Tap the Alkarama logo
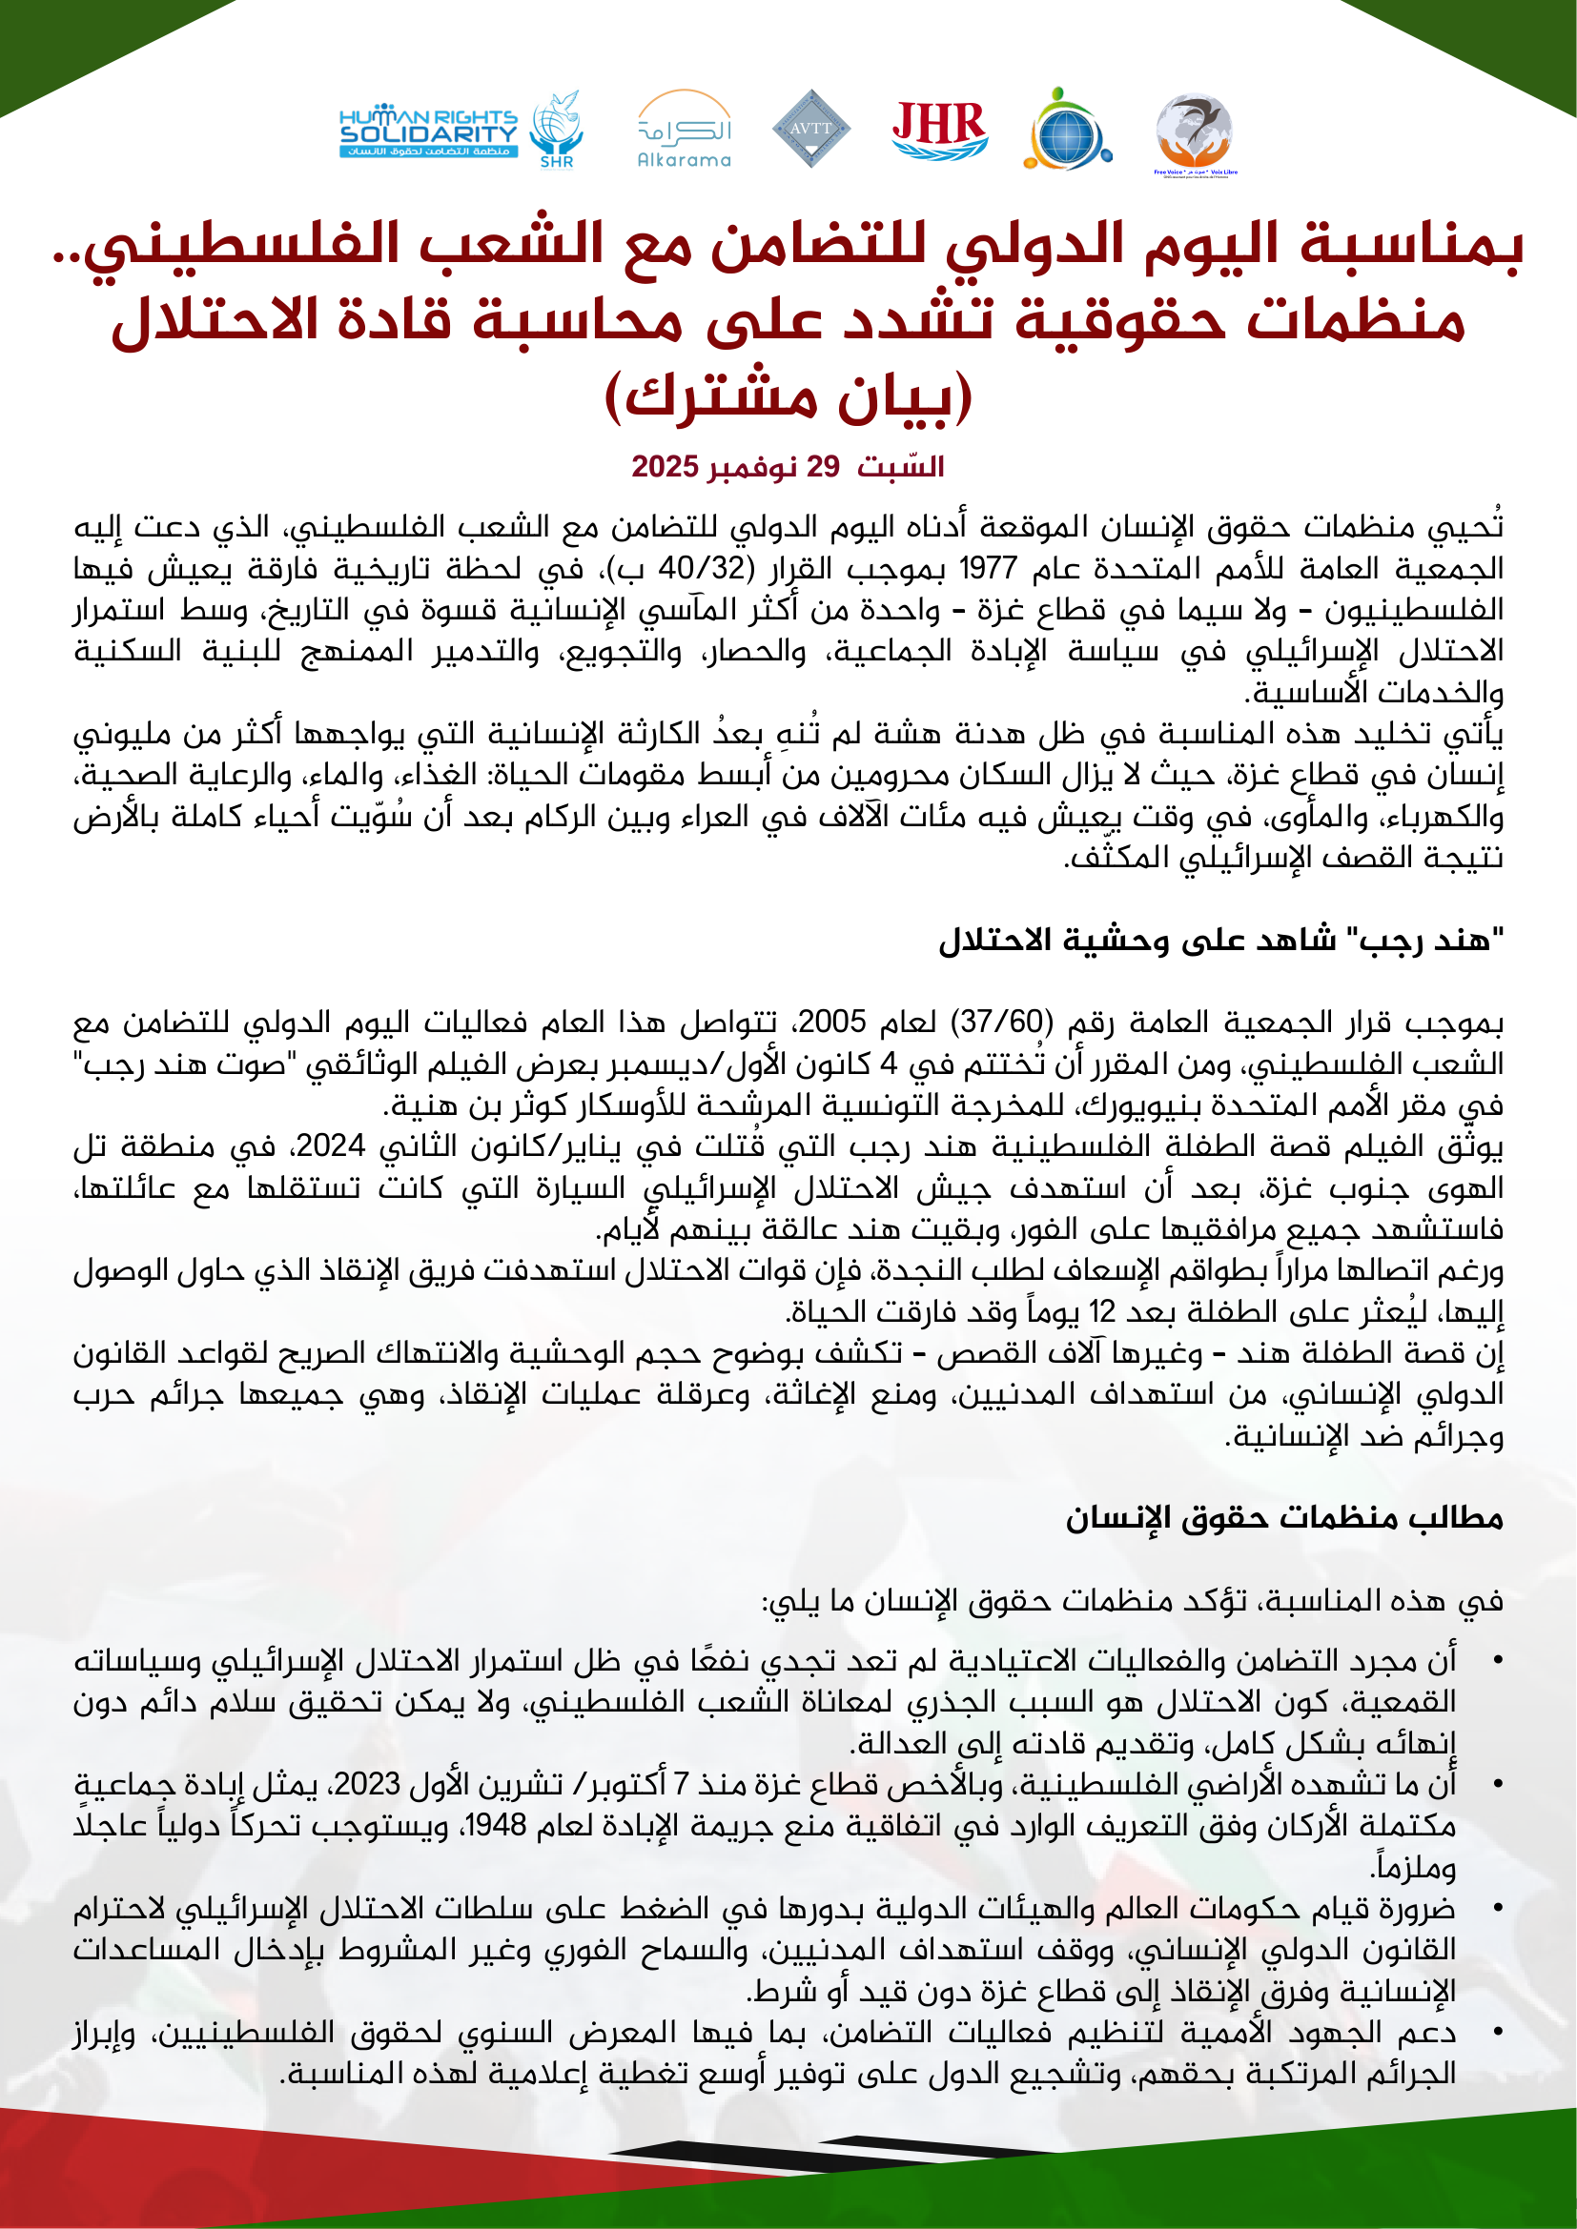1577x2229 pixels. [685, 131]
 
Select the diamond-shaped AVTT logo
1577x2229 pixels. [810, 128]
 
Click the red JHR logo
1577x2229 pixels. [940, 131]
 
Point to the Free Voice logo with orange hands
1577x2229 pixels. [1196, 133]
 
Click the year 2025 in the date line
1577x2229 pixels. [665, 467]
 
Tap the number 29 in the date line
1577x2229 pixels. [823, 467]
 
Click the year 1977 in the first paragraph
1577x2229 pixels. [988, 568]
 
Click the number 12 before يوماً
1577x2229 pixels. [1102, 1312]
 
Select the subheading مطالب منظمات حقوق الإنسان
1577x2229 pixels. [1283, 1517]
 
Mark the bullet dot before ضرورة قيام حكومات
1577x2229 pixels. [1499, 1910]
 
